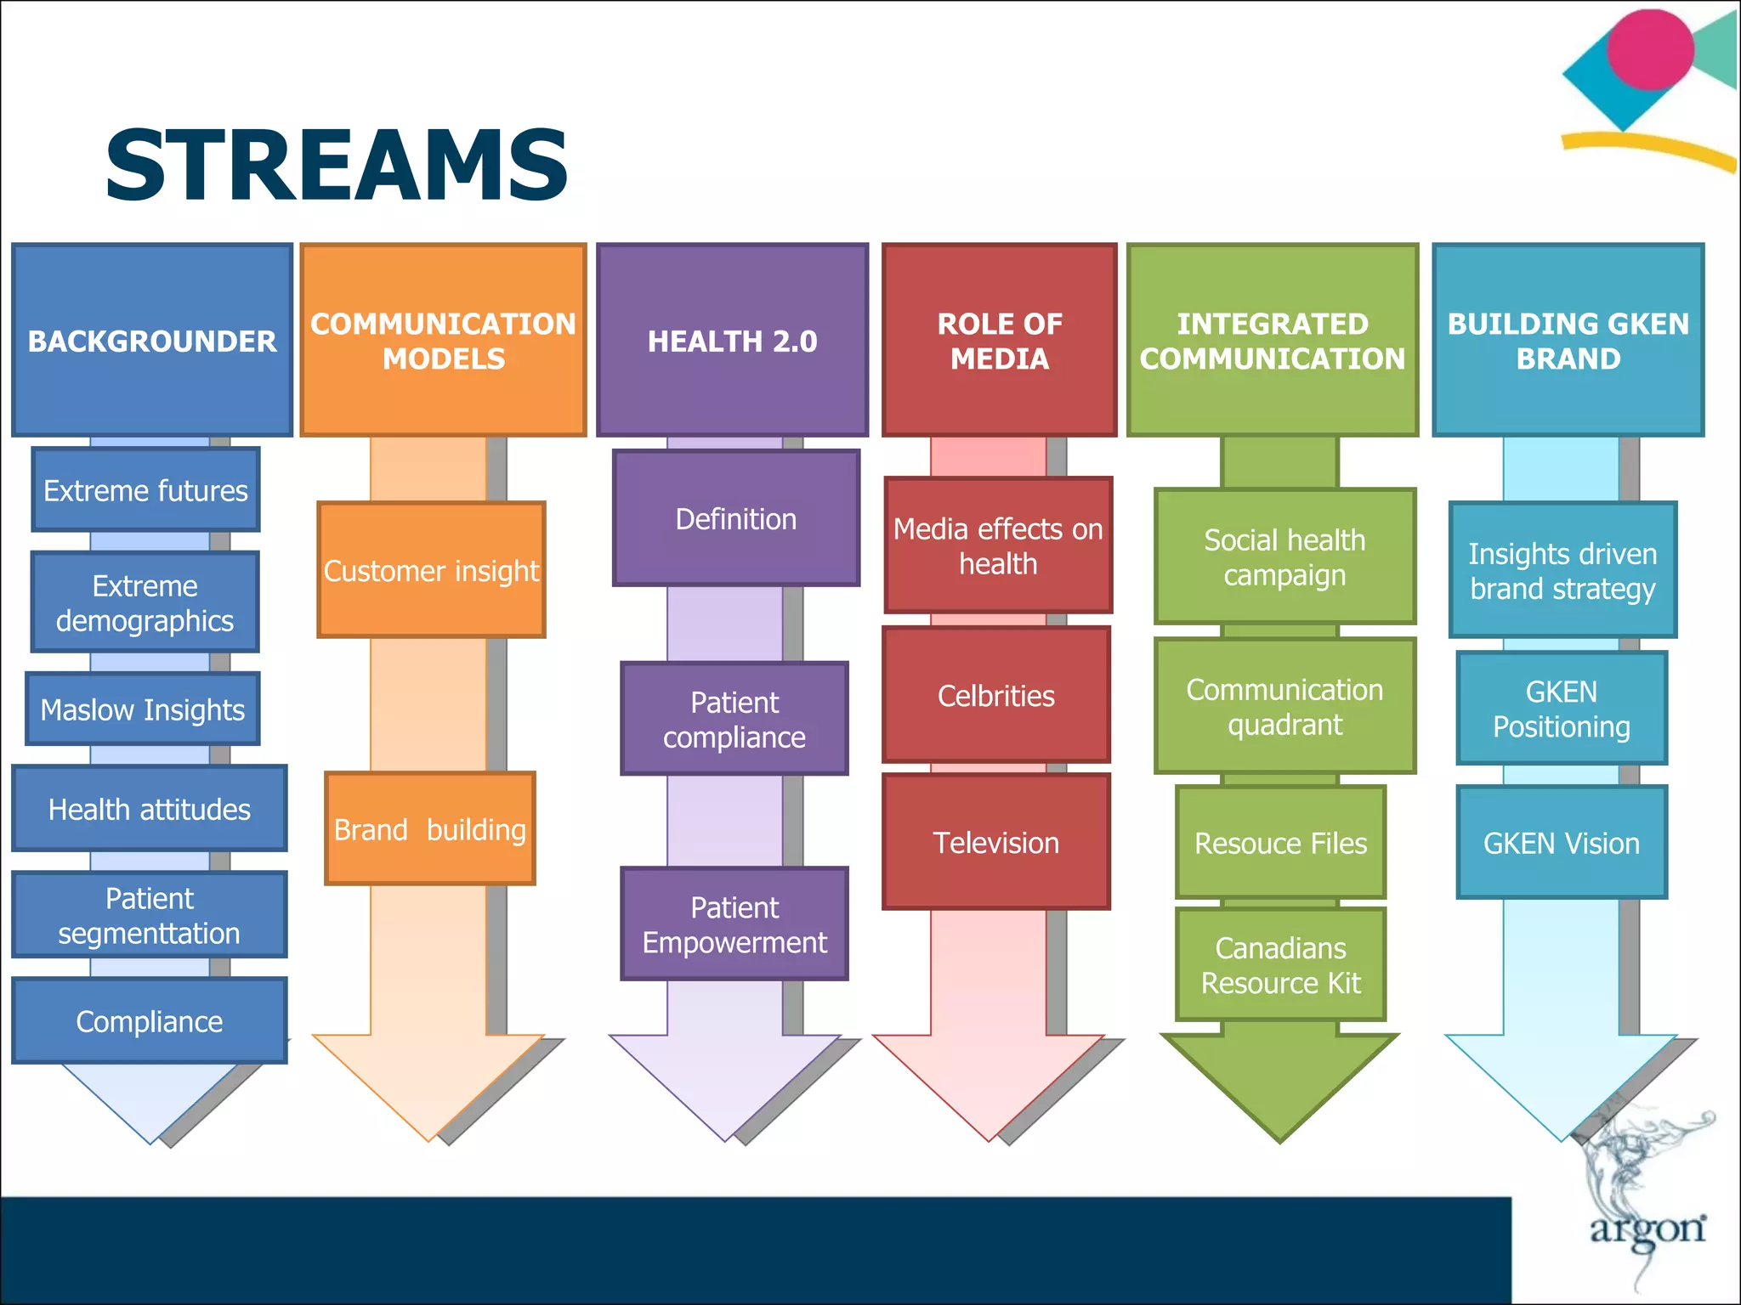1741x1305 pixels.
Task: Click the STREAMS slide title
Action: coord(337,167)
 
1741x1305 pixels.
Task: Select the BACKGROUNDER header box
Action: coord(152,341)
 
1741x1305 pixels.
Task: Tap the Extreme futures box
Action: coord(145,490)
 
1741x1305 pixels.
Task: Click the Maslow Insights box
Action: coord(143,709)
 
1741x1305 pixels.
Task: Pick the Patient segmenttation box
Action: coord(150,915)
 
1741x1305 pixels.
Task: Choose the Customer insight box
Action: coord(431,570)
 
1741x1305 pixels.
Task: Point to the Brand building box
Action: coord(430,829)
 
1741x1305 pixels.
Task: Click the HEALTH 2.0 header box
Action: coord(732,341)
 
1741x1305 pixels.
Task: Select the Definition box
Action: coord(736,519)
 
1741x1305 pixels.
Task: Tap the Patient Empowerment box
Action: coord(734,924)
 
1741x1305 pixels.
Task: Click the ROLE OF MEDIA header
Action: coord(1000,341)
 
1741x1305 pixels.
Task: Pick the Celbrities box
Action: coord(996,696)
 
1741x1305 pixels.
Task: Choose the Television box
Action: coord(996,842)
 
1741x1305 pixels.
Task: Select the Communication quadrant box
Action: coord(1284,707)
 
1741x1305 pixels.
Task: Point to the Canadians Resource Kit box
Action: coord(1280,965)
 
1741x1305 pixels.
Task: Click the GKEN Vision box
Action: coord(1562,843)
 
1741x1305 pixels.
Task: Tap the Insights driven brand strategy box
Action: coord(1562,571)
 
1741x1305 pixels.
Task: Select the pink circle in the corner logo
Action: coord(1650,50)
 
